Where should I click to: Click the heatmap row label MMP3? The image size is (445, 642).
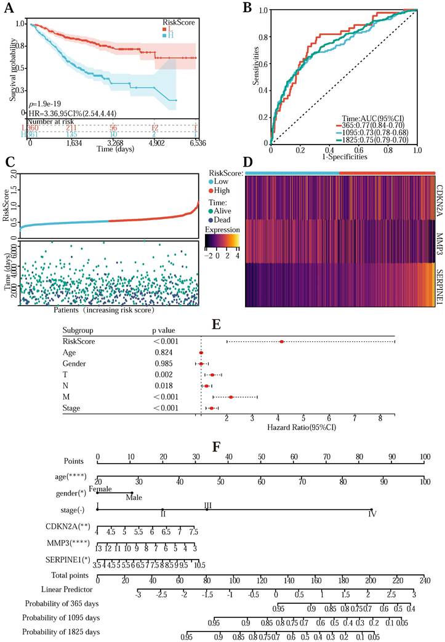point(439,228)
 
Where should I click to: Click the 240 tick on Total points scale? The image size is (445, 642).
point(423,579)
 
